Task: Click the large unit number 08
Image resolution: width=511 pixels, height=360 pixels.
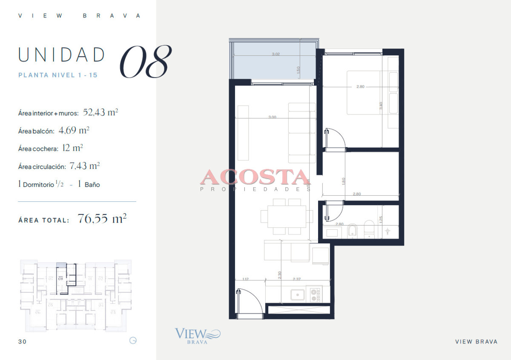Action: pyautogui.click(x=146, y=62)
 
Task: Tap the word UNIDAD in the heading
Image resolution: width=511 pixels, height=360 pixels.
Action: pyautogui.click(x=62, y=55)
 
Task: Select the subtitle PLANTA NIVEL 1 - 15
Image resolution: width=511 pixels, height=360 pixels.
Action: pyautogui.click(x=58, y=75)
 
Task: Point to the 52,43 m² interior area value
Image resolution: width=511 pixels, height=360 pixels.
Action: pyautogui.click(x=100, y=113)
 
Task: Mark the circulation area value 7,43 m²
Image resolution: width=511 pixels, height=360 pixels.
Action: pyautogui.click(x=85, y=166)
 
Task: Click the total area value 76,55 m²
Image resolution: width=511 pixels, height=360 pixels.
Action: pyautogui.click(x=102, y=219)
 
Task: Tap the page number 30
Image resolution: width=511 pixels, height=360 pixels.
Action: pyautogui.click(x=22, y=341)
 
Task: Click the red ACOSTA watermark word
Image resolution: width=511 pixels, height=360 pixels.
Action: pyautogui.click(x=255, y=177)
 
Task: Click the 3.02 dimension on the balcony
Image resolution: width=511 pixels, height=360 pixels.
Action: pyautogui.click(x=276, y=54)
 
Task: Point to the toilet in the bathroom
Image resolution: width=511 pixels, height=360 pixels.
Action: pyautogui.click(x=369, y=230)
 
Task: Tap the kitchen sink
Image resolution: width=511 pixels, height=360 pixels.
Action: pyautogui.click(x=298, y=294)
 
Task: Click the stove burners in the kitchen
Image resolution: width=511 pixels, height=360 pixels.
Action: pyautogui.click(x=315, y=294)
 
